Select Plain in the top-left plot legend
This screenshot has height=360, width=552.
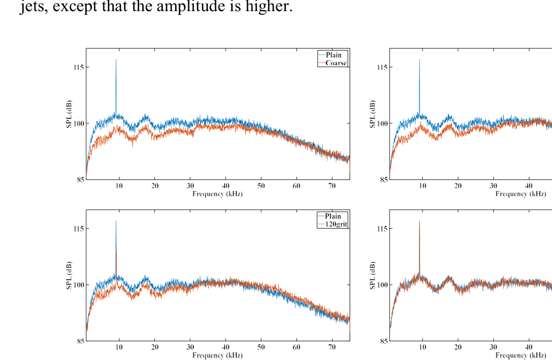333,55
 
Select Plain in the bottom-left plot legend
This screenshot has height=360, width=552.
333,216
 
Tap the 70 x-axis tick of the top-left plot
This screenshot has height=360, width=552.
332,186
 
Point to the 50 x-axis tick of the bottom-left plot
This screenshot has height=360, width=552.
261,347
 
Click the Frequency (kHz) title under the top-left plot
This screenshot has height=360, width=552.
218,194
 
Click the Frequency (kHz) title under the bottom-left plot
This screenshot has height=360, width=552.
218,355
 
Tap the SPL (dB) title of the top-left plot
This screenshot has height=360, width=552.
69,114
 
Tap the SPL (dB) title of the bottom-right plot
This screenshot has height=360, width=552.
373,275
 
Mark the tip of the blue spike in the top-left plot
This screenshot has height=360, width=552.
116,60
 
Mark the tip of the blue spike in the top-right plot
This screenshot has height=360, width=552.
419,60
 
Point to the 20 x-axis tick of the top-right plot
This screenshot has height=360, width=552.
458,186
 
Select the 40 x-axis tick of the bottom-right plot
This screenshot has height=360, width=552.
529,347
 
